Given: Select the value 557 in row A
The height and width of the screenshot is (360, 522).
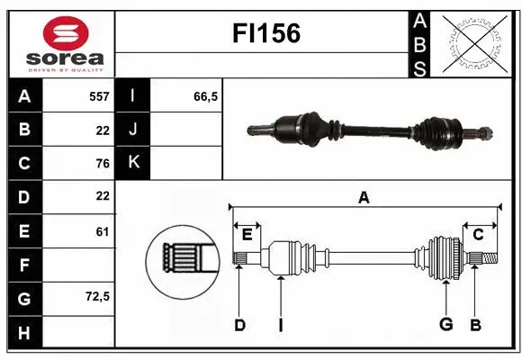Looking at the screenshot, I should coord(99,95).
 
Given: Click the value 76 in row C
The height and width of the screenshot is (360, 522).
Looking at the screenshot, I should coord(102,163).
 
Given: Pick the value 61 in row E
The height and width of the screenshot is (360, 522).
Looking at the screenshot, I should coord(102,231).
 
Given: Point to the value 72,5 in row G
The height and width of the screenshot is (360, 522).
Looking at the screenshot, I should coord(97,296).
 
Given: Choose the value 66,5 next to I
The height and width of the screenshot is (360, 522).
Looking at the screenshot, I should coord(206,95).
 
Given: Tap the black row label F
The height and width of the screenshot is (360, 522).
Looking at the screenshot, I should coord(23,265).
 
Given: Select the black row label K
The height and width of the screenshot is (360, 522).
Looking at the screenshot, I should coord(133,162).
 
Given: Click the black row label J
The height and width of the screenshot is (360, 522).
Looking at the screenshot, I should coord(133,129).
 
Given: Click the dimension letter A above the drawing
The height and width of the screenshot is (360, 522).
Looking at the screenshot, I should coord(364,198).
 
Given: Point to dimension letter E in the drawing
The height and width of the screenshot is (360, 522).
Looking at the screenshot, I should coord(247,234).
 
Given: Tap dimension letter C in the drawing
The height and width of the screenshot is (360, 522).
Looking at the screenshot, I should coord(478,234).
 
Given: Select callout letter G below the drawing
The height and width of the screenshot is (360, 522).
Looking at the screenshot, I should coord(445,325).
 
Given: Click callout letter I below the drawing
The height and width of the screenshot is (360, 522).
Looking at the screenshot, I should coord(280,325).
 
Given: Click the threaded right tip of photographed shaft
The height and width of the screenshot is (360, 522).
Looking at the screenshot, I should coord(484,135).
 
